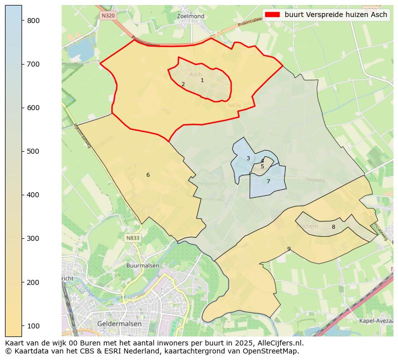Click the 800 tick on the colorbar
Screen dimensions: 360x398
click(x=22, y=20)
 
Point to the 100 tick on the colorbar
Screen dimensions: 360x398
click(x=22, y=326)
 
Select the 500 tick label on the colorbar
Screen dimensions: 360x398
click(x=33, y=151)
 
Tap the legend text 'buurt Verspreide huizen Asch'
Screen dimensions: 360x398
click(x=336, y=15)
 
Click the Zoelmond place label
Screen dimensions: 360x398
click(x=191, y=17)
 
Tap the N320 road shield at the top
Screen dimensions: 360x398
click(x=108, y=16)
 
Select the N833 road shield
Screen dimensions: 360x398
click(x=133, y=238)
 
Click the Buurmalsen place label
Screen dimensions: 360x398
click(x=143, y=266)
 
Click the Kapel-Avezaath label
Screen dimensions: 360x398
click(x=376, y=320)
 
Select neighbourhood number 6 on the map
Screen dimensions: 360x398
click(x=148, y=175)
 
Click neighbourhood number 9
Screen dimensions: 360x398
click(x=289, y=249)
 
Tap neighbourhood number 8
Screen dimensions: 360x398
click(x=333, y=227)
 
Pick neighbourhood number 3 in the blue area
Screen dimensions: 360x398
click(x=248, y=159)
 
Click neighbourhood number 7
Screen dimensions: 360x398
click(x=268, y=181)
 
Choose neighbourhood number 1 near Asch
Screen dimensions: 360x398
click(x=202, y=80)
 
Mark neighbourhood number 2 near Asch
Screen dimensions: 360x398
click(x=183, y=84)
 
